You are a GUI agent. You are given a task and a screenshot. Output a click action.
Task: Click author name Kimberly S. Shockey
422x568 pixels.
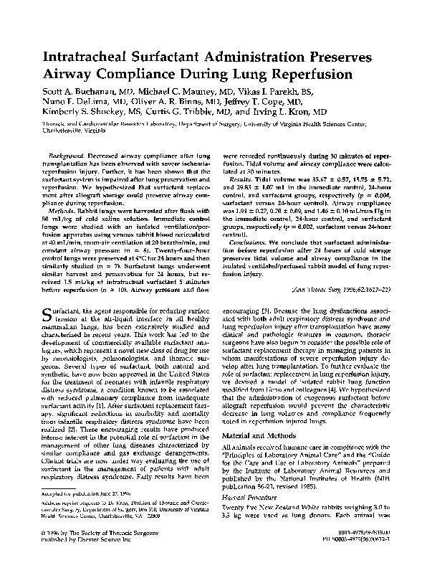click(x=81, y=112)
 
